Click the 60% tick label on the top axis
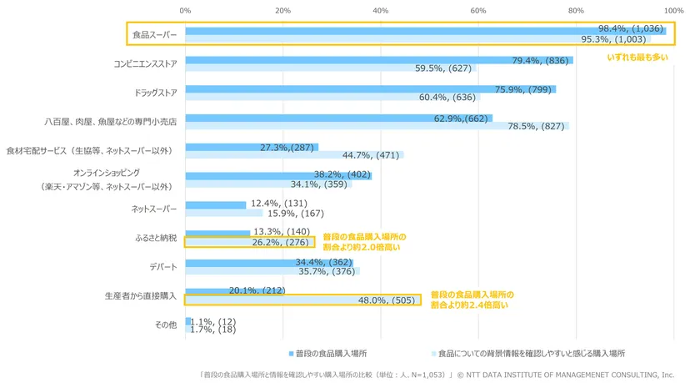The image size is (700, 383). [478, 10]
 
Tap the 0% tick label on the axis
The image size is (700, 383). [185, 10]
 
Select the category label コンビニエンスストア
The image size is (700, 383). [145, 63]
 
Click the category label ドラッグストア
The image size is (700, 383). [155, 92]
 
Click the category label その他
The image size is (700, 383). [165, 325]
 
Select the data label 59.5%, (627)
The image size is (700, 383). [443, 68]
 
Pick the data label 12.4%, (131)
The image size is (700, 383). [281, 204]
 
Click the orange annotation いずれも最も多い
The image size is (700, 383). [637, 57]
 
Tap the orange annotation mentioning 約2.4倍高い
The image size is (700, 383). [472, 300]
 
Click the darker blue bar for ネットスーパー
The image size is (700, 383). [215, 204]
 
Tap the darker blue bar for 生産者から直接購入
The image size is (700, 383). [205, 290]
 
